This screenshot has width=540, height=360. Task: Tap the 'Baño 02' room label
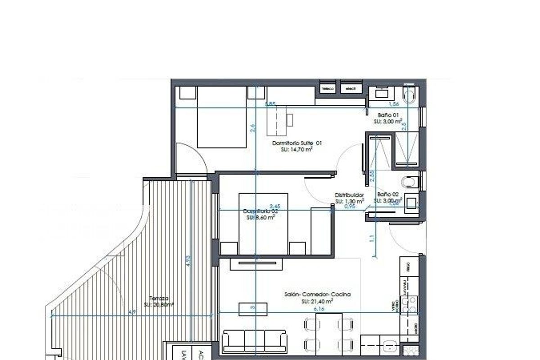[388, 194]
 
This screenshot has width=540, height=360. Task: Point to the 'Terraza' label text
[159, 298]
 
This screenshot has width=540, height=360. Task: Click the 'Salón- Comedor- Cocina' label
[317, 295]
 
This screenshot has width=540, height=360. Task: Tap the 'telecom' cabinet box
[328, 89]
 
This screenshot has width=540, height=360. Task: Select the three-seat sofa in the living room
[255, 341]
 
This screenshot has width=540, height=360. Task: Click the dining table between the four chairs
[329, 333]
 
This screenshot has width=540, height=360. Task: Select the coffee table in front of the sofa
[252, 309]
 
